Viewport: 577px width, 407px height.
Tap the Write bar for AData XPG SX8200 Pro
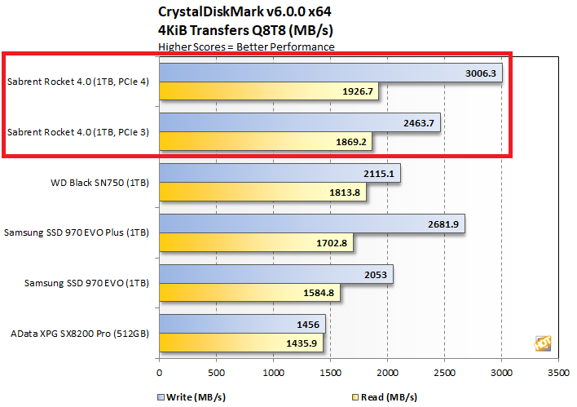tap(242, 324)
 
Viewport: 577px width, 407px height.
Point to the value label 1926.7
tap(356, 91)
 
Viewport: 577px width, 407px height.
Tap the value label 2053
tap(377, 274)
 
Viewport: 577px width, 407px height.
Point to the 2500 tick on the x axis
tap(444, 373)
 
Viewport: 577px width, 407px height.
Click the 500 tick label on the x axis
tap(216, 373)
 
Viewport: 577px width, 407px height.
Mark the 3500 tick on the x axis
tap(558, 373)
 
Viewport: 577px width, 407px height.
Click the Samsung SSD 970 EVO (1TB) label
tap(77, 283)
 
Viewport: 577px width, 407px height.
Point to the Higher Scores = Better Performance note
tap(246, 46)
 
